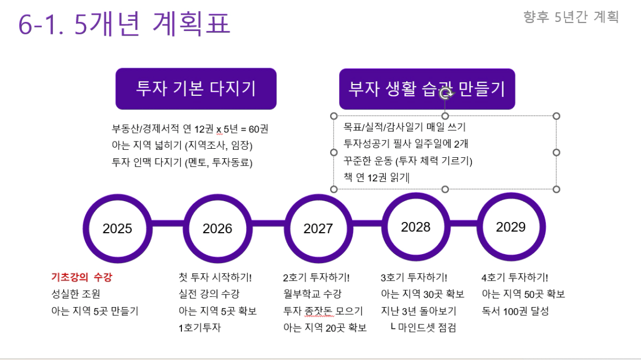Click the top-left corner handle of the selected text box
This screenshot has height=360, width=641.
tap(333, 116)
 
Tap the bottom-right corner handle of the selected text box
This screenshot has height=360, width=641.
tap(556, 189)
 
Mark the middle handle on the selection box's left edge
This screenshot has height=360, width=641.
tap(333, 153)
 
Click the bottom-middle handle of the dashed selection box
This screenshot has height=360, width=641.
tap(445, 189)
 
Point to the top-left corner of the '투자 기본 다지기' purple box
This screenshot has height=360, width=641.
tap(115, 68)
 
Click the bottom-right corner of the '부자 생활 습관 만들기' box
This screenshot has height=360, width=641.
tap(515, 109)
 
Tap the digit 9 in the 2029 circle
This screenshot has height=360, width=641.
tap(522, 227)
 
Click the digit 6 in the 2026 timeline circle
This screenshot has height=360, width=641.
tap(229, 229)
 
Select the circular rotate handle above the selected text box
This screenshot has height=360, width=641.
tap(446, 94)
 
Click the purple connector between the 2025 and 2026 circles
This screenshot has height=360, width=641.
tap(168, 223)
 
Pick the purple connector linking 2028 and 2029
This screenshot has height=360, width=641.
tap(464, 223)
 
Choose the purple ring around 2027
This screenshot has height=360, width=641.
tap(318, 228)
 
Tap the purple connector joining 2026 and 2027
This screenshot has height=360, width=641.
tap(268, 223)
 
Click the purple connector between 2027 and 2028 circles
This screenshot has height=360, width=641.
tap(367, 223)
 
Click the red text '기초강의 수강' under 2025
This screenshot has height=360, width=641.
tap(82, 277)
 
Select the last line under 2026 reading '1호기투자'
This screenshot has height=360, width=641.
tap(199, 328)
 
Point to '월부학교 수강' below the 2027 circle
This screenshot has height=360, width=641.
tap(312, 294)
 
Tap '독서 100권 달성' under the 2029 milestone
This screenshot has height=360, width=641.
tap(515, 311)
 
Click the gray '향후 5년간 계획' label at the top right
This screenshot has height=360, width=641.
tap(571, 17)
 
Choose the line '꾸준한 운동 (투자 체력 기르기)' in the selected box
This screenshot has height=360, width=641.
tap(408, 161)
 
